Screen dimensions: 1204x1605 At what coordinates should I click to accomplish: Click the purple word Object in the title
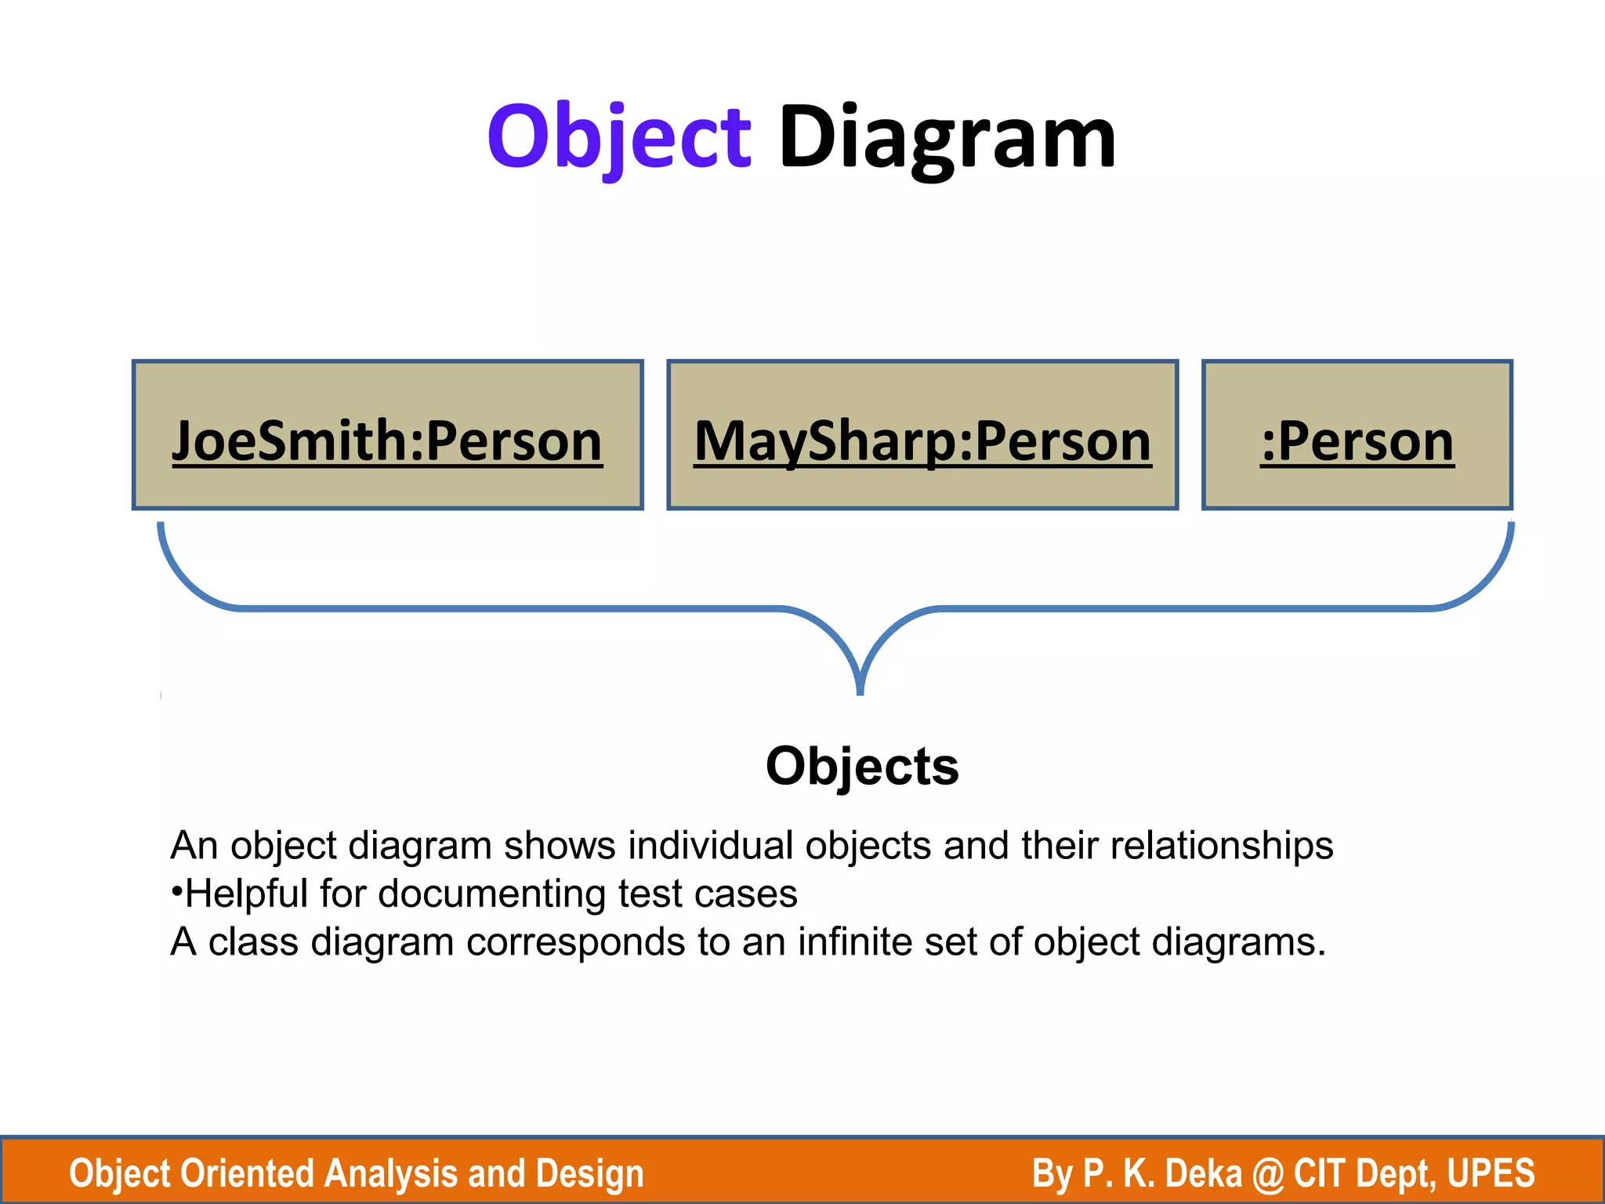tap(619, 140)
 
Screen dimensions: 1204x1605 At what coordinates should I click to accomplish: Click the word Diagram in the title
tap(947, 140)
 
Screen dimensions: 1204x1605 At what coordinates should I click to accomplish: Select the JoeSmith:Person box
tap(388, 436)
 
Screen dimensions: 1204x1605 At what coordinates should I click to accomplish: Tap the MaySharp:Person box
tap(922, 436)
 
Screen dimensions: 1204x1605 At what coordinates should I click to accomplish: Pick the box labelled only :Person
tap(1357, 436)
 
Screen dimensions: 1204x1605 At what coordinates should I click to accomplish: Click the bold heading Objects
tap(862, 766)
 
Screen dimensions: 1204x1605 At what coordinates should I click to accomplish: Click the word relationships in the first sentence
tap(1222, 846)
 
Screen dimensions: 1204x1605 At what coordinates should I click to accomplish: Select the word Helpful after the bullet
tap(246, 894)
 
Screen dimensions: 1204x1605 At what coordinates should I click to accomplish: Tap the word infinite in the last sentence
tap(854, 941)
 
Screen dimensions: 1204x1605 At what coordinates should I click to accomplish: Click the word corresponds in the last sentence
tap(575, 941)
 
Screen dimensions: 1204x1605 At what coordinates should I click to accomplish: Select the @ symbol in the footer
tap(1267, 1173)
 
